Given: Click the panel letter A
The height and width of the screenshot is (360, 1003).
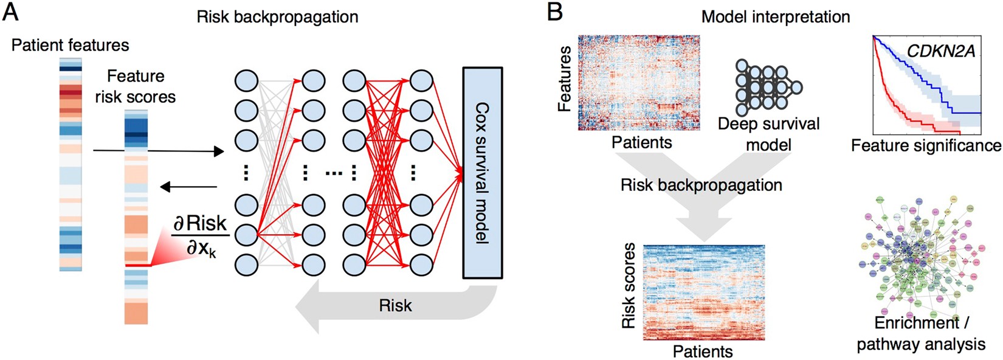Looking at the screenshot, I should point(11,13).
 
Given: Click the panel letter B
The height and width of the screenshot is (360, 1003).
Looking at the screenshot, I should point(554,13).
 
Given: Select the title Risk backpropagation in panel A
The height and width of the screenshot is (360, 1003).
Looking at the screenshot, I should point(277,16).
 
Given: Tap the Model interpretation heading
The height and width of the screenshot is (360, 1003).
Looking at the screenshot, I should point(776,16).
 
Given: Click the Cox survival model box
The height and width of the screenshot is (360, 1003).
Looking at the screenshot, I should point(482,173).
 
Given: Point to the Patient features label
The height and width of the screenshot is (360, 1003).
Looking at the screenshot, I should point(71,45).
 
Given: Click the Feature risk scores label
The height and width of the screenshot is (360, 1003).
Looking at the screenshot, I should point(136,86).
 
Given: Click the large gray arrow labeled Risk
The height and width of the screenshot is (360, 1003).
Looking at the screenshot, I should point(395,305).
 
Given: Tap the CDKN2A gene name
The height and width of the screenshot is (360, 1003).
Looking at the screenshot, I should point(940,51).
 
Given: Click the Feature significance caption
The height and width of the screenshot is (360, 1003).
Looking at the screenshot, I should point(925,146).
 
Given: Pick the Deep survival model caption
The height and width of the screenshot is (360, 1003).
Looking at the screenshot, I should point(768,134).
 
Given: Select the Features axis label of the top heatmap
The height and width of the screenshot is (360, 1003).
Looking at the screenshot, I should point(565,79).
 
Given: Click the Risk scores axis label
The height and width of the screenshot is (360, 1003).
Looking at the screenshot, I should point(629,286).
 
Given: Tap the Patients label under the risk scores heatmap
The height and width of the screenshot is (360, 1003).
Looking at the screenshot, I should point(703,351).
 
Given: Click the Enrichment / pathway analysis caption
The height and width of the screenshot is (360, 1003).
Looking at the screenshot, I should point(920,333).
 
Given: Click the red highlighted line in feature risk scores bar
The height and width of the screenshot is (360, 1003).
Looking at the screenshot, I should point(136,266).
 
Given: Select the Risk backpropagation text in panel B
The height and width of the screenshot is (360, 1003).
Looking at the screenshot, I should point(701,185).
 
